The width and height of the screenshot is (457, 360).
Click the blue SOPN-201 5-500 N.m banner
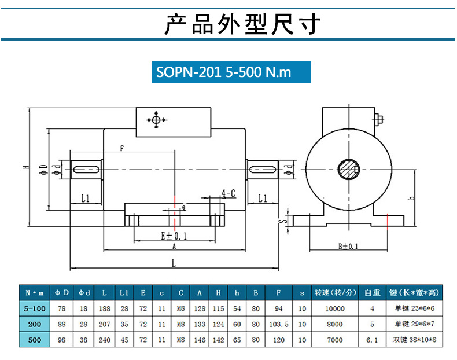point(231,73)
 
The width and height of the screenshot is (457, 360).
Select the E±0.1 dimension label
point(174,236)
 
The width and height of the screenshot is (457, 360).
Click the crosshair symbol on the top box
point(156,120)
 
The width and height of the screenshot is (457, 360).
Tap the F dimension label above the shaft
point(122,148)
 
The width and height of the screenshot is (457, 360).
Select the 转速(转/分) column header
point(335,293)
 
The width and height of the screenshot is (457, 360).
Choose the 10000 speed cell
point(335,309)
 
